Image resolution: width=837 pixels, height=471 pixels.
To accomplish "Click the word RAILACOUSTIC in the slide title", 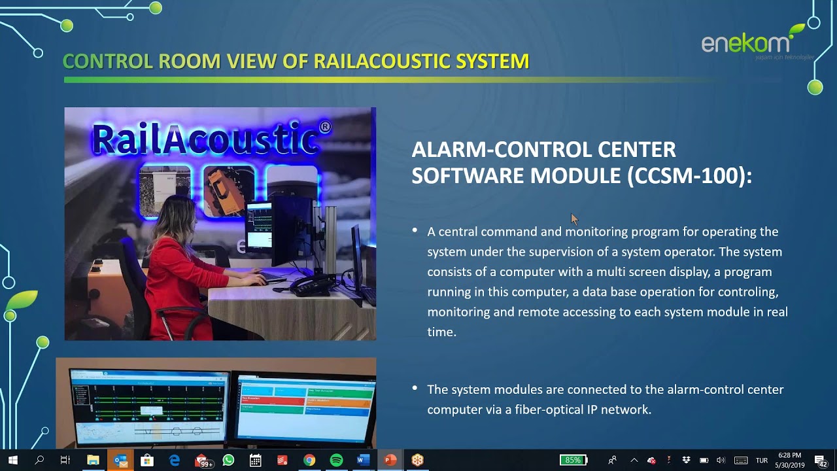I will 382,61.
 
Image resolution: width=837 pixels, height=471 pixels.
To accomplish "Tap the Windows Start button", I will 12,460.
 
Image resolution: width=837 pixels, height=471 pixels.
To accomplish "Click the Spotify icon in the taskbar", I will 336,460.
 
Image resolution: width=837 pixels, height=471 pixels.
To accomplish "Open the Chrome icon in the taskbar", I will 309,460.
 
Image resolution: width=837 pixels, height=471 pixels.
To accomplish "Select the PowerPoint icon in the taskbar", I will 390,460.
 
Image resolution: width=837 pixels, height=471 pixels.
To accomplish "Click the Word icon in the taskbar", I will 363,460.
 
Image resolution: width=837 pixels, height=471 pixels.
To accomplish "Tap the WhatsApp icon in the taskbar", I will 228,460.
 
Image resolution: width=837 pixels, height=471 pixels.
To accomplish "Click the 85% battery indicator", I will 573,460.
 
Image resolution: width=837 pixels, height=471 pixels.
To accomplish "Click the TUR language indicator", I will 762,460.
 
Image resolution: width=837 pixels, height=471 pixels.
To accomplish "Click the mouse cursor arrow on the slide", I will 574,218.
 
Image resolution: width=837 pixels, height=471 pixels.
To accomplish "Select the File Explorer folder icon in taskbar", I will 93,460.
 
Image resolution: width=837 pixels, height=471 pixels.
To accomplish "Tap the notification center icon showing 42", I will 821,460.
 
